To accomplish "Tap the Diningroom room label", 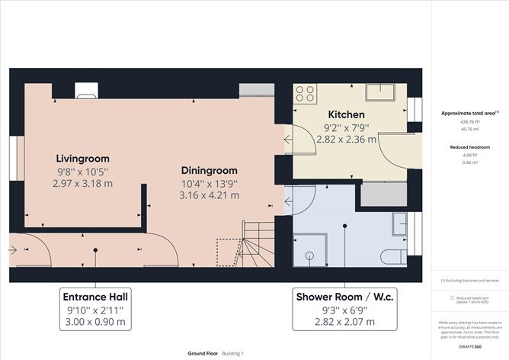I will (x=209, y=170).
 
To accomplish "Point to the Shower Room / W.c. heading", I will (x=344, y=296).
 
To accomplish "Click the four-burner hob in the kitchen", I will (x=306, y=94).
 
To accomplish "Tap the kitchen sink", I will (x=379, y=92).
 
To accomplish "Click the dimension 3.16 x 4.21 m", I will (x=209, y=195).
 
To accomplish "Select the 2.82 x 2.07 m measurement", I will (x=344, y=322).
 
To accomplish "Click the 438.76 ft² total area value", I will (x=469, y=121).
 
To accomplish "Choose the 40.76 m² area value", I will (x=469, y=129).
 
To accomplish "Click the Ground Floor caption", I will (x=203, y=354).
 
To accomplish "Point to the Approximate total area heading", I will (x=468, y=112).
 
